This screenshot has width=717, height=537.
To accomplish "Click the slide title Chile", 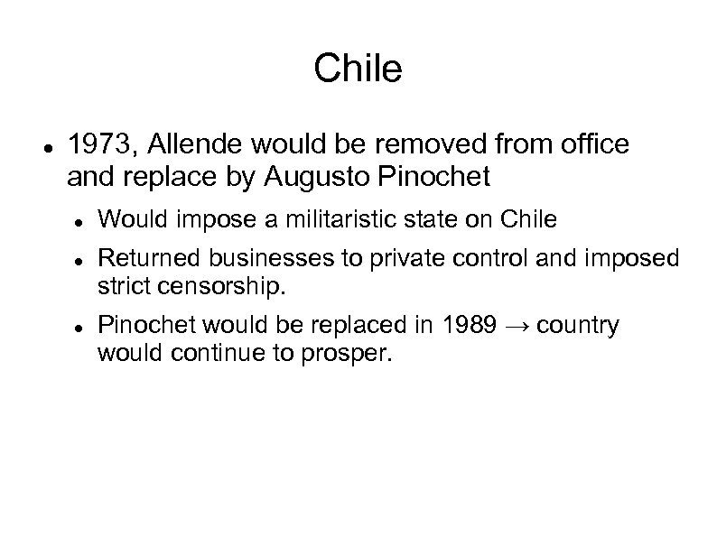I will (x=358, y=69).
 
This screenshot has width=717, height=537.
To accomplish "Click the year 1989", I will (x=467, y=325).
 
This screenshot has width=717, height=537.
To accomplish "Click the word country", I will (x=578, y=325).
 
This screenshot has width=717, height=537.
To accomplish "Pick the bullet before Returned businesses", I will (x=79, y=259).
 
